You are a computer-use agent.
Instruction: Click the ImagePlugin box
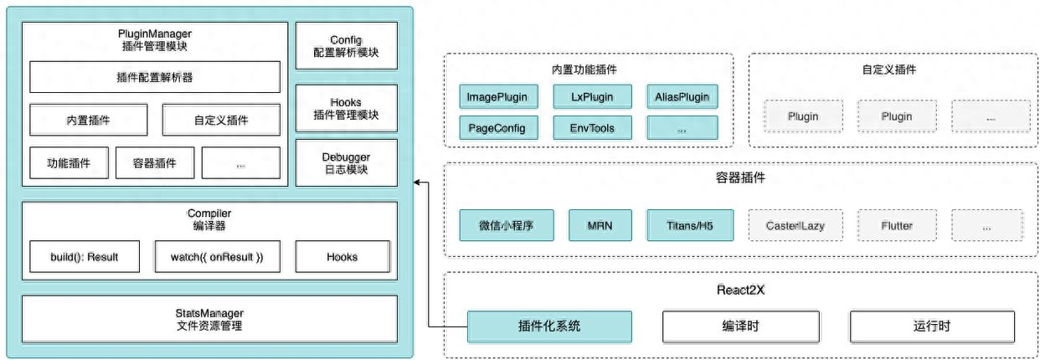coord(498,96)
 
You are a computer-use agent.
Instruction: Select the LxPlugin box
coord(592,96)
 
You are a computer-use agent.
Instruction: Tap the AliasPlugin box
coord(682,96)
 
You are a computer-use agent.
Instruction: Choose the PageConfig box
coord(498,127)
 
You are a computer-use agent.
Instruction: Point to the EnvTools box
coord(592,127)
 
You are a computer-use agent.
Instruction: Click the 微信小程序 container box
coord(507,225)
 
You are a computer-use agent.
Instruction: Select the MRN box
coord(600,225)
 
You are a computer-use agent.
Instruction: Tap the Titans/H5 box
coord(690,225)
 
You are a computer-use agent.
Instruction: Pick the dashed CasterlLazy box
coord(795,225)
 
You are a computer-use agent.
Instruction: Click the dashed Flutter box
coord(897,225)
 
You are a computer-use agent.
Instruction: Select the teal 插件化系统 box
coord(549,327)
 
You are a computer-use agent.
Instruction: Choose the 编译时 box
coord(741,327)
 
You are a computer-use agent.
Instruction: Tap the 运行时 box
coord(932,327)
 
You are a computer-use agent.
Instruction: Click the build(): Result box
coord(85,256)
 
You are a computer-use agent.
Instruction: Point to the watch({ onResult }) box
coord(217,256)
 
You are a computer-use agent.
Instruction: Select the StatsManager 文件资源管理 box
coord(210,319)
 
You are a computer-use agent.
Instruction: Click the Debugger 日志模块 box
coord(347,162)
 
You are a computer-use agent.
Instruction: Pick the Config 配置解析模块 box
coord(347,45)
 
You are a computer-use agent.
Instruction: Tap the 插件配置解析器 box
coord(155,77)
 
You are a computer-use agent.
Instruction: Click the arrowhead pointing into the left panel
coord(416,183)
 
